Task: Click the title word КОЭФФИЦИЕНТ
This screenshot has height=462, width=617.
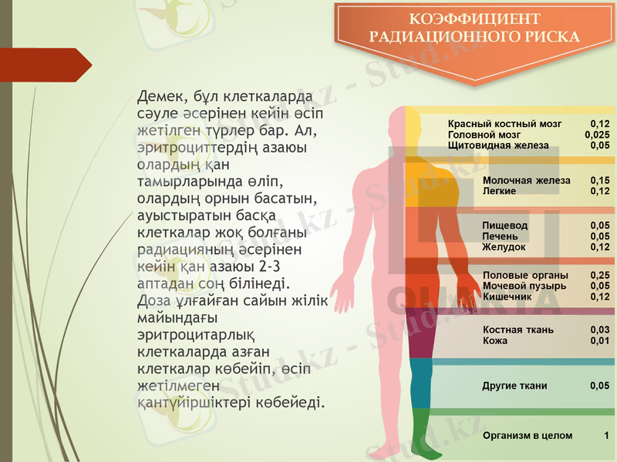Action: (x=474, y=19)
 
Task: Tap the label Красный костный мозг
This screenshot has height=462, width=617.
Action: (x=504, y=123)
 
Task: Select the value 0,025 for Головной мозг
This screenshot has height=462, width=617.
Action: (x=597, y=134)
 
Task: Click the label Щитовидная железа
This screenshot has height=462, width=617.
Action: (x=497, y=145)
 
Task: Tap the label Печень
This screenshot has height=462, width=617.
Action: (x=499, y=236)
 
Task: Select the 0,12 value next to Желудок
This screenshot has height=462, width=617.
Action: (x=599, y=247)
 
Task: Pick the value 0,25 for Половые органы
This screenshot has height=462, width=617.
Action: (x=599, y=275)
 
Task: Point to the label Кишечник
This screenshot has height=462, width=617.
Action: (x=507, y=296)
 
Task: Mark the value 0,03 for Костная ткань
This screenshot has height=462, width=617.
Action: (x=599, y=330)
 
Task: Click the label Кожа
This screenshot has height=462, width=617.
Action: (x=494, y=341)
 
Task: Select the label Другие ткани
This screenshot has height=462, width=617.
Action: (x=514, y=386)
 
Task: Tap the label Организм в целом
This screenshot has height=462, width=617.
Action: (x=527, y=436)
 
